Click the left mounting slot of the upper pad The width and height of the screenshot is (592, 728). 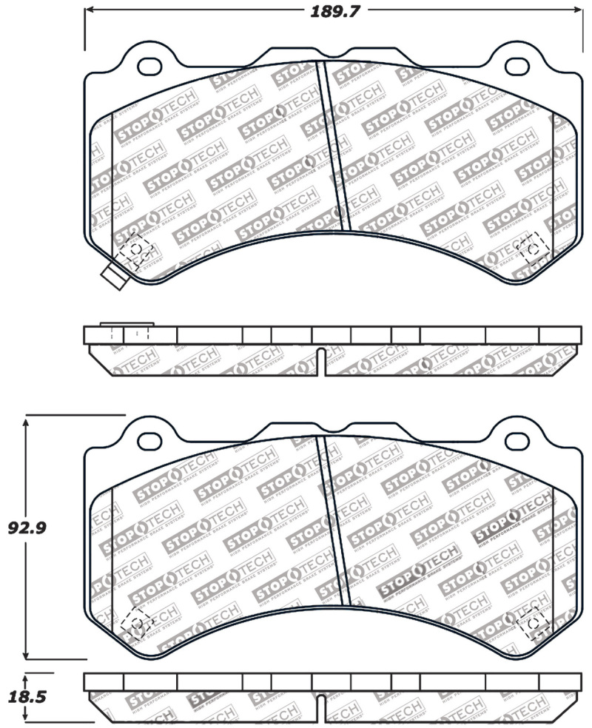pos(150,65)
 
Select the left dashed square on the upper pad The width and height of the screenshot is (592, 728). pos(135,250)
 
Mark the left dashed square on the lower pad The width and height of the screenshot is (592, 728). pos(135,622)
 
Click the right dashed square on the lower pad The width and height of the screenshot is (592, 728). pos(533,624)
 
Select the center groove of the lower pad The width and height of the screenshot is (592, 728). pos(334,518)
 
